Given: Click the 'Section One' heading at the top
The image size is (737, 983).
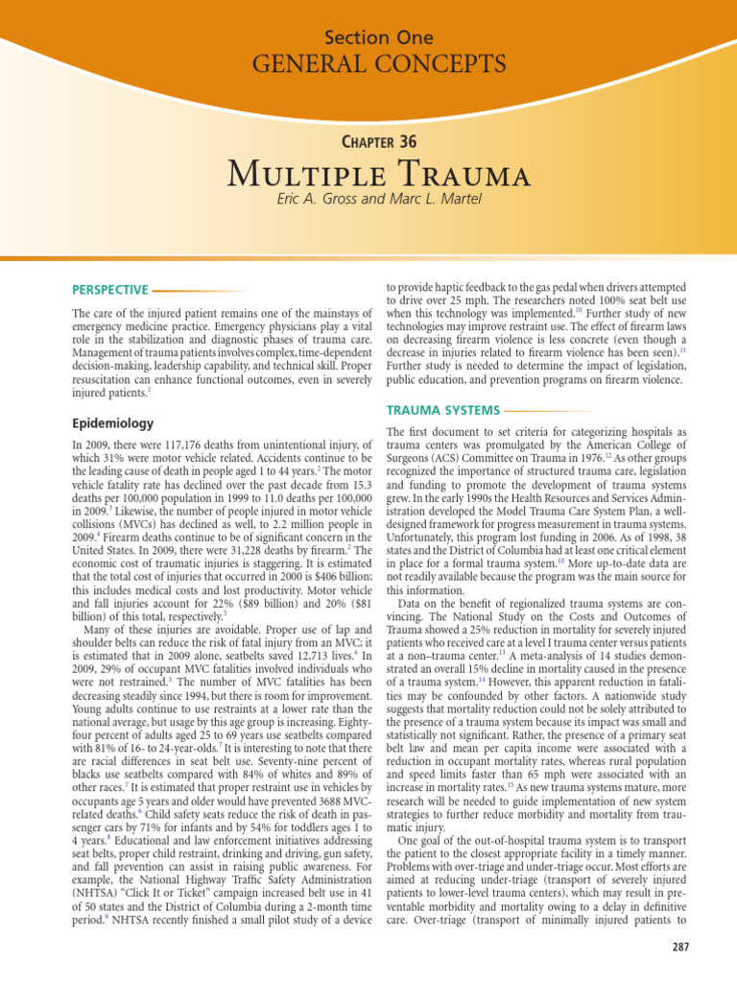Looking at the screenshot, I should tap(378, 38).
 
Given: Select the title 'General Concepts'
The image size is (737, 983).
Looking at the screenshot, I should tap(378, 65).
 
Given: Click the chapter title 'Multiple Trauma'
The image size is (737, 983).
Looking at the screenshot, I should tap(378, 177).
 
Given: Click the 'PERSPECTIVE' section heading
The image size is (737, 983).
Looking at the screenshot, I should tap(110, 290).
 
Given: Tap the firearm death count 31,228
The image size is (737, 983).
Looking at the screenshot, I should tap(227, 525).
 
